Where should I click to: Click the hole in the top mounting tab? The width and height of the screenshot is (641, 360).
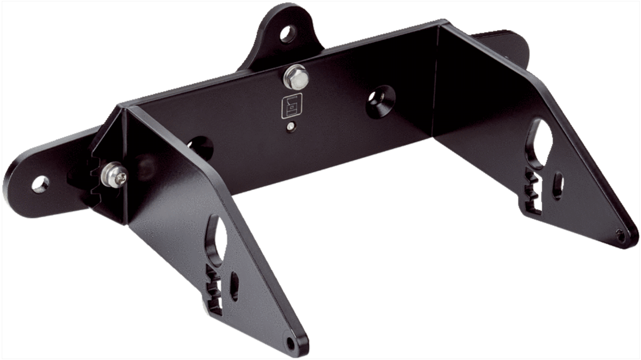(x=287, y=34)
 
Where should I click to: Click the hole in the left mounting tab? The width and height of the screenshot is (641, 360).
(x=40, y=183)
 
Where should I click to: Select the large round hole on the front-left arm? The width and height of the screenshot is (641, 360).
(x=218, y=241)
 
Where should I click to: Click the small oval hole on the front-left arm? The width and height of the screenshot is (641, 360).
(x=235, y=286)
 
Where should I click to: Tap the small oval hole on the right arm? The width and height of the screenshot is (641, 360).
(x=558, y=185)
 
